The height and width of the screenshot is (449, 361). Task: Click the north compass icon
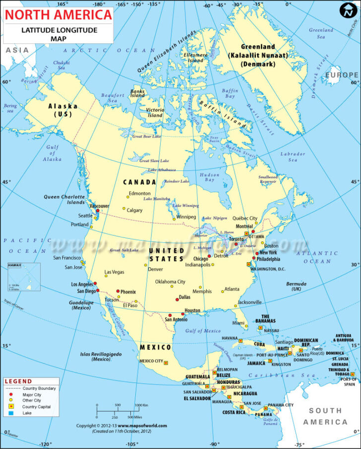coord(347,10)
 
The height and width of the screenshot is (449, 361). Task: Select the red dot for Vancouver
coord(97,211)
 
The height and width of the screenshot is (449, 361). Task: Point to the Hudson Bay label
coord(209,177)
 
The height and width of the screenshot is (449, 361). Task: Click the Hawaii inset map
coord(23,277)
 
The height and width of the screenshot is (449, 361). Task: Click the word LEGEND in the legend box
coord(18,381)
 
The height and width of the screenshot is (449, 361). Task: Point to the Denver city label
coord(155,269)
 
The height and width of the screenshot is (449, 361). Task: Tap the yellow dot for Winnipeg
coord(174,219)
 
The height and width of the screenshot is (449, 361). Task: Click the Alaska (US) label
coord(62,110)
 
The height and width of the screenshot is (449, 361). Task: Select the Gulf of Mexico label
coord(202,331)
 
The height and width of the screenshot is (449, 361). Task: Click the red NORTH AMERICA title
coord(58,14)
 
